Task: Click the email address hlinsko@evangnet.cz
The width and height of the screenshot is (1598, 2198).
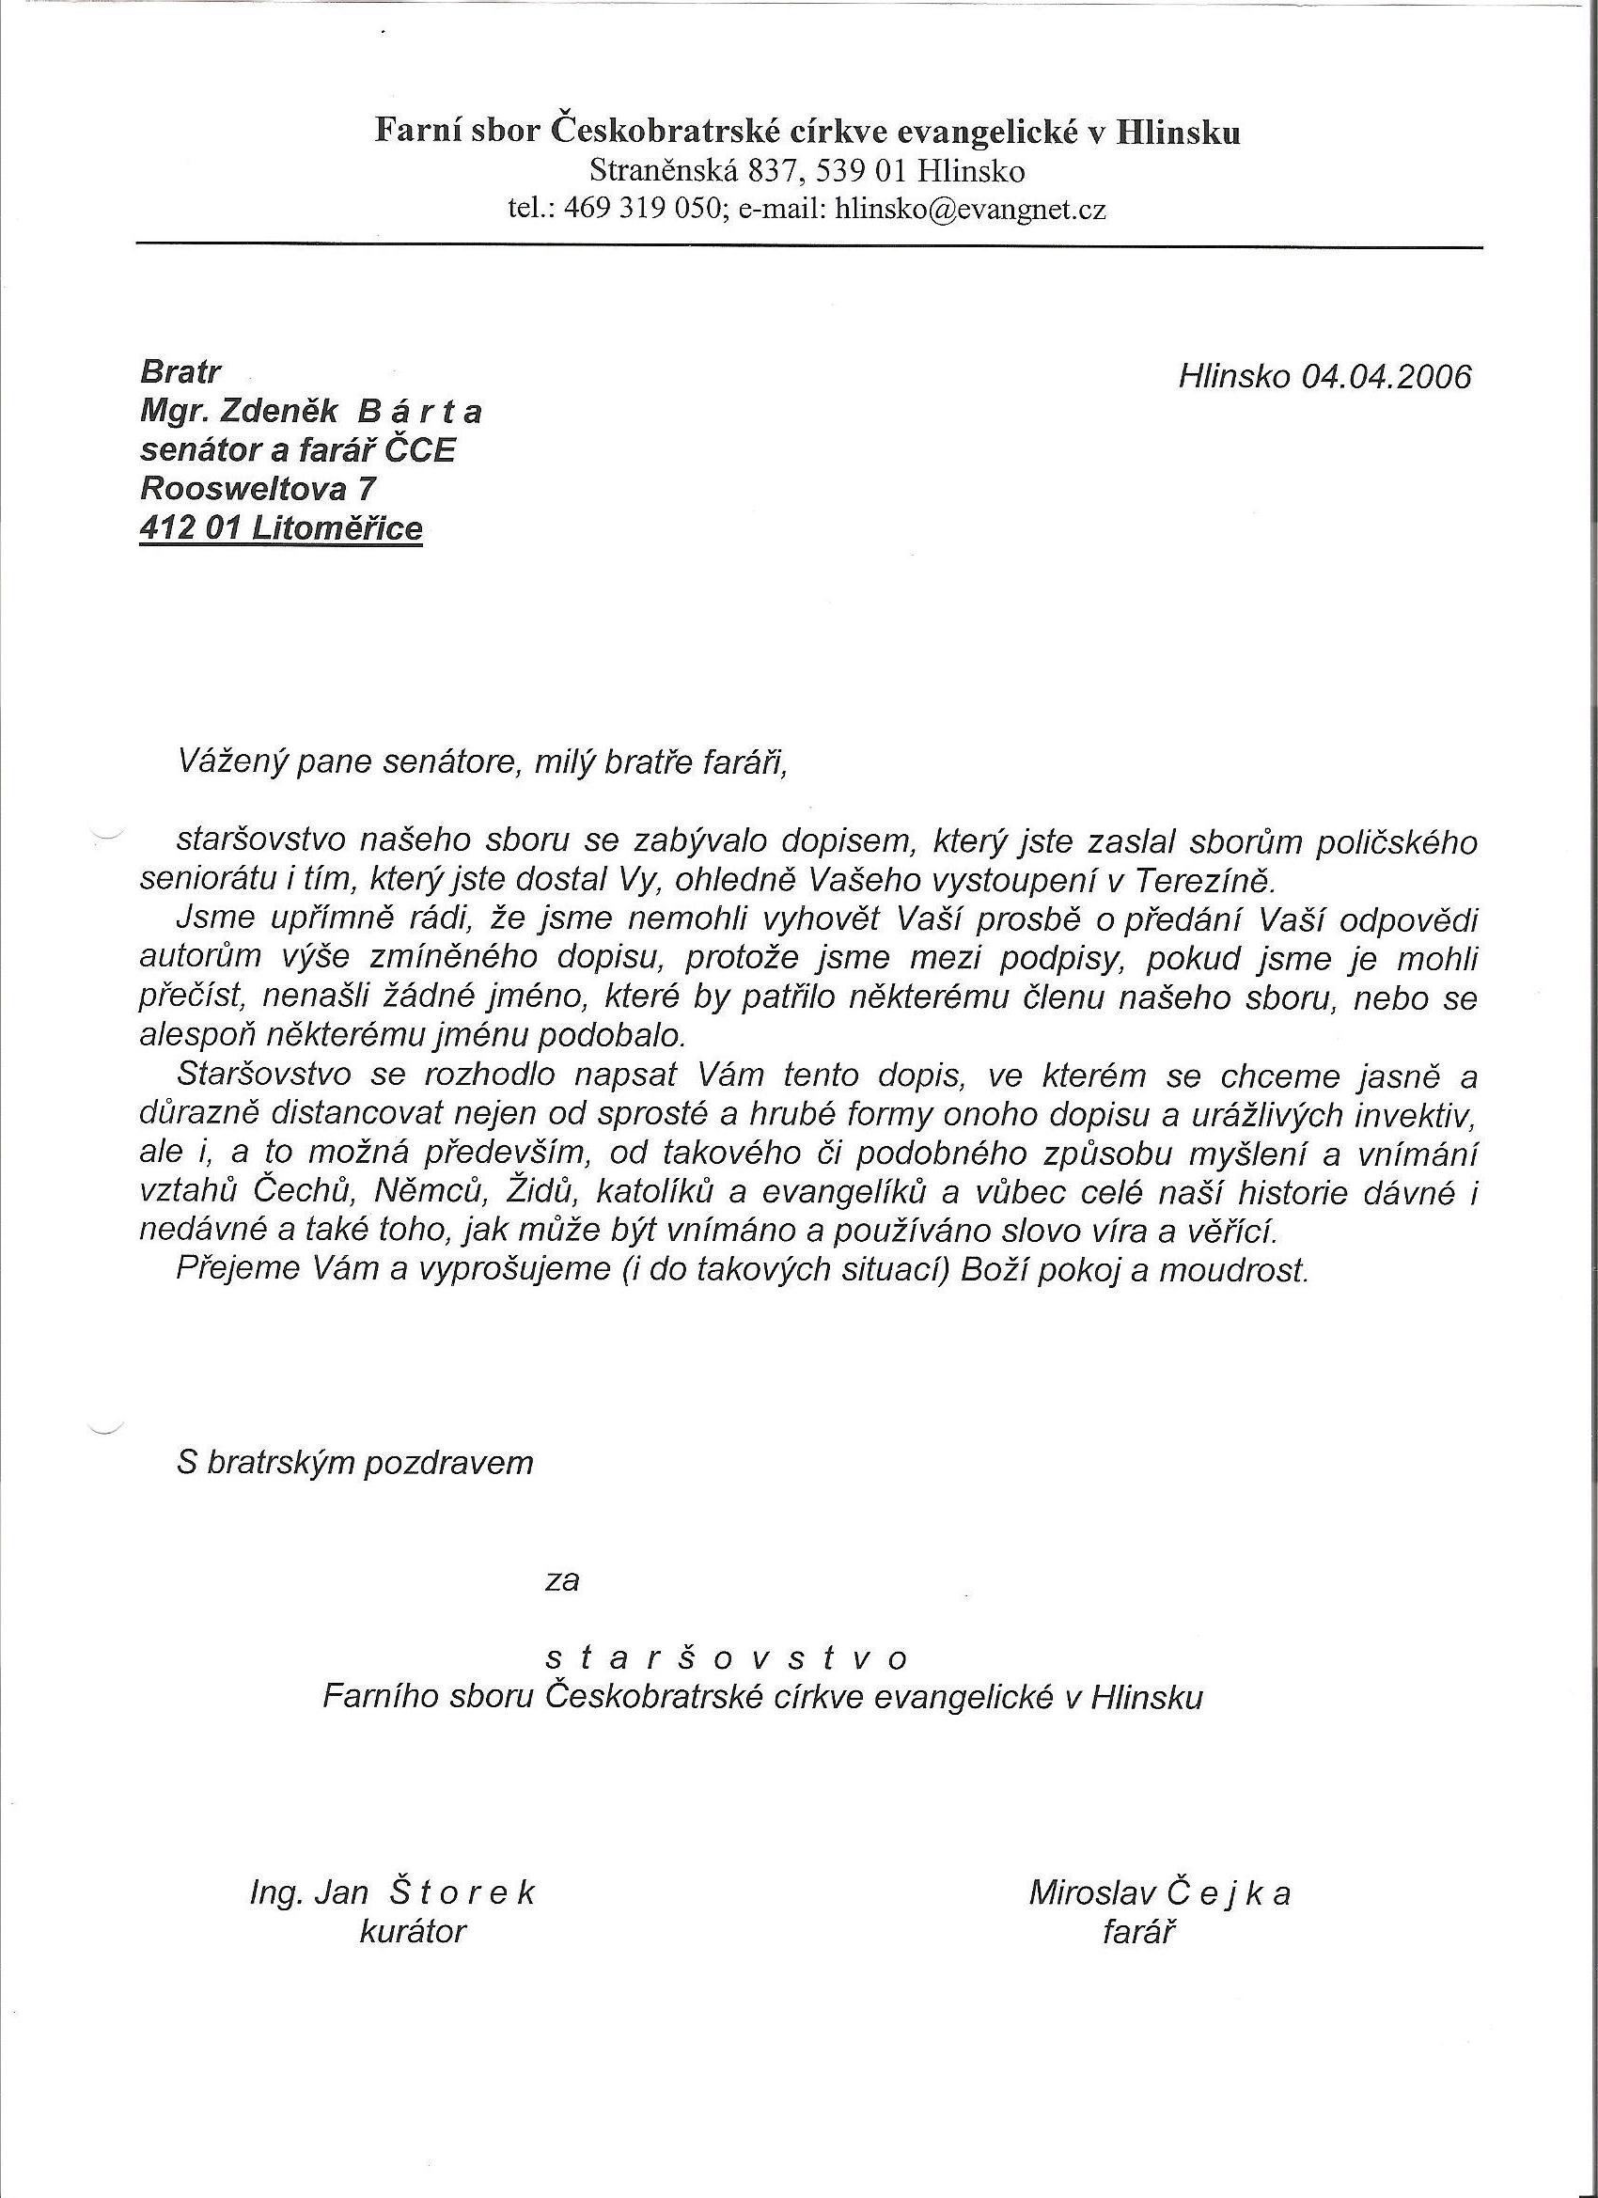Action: point(970,210)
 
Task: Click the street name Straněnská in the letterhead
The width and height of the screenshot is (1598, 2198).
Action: point(663,171)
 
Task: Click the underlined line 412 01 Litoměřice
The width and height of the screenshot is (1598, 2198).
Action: point(281,529)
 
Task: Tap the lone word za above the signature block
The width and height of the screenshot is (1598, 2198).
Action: point(562,1581)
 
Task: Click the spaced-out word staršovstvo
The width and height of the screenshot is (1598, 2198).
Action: point(727,1659)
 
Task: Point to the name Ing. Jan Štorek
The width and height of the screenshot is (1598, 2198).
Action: point(393,1893)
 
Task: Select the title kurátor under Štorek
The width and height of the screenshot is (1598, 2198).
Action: point(413,1933)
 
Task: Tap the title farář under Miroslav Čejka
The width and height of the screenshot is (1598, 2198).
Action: point(1137,1933)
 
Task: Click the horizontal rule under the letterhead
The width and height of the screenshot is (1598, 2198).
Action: point(809,246)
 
